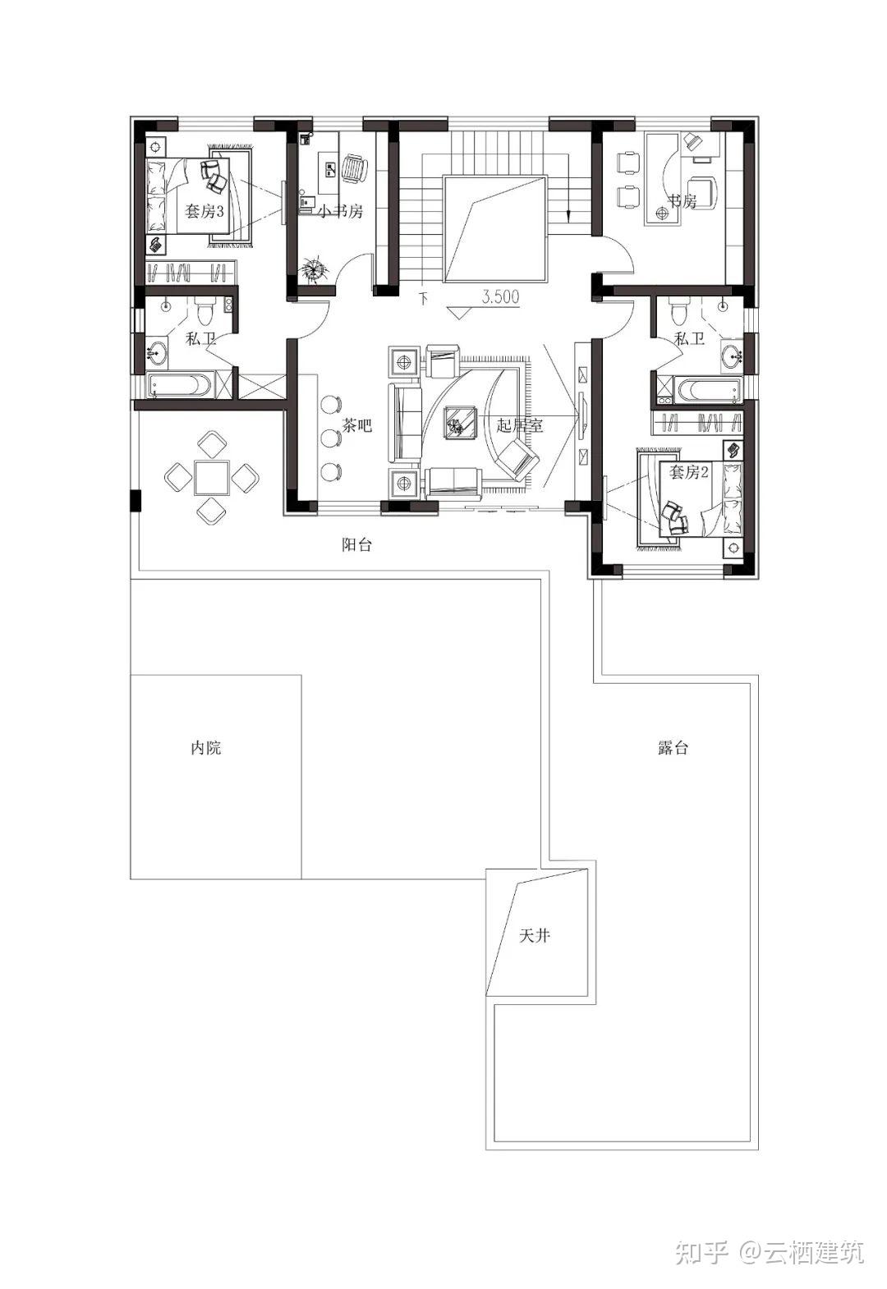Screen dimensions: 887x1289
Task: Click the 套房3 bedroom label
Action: [x=204, y=211]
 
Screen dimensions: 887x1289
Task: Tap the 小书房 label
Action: [x=341, y=211]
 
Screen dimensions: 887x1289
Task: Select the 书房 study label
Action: [x=682, y=201]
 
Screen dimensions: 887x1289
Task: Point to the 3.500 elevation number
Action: [x=500, y=297]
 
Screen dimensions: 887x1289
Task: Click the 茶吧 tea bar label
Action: [x=357, y=425]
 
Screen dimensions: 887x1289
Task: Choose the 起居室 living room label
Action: [x=520, y=425]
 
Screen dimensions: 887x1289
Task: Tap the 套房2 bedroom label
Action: [x=688, y=472]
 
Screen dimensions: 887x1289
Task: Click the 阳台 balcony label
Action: [x=357, y=544]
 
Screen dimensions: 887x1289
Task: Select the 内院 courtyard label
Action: [x=205, y=747]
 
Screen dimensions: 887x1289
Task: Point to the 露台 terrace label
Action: [x=673, y=747]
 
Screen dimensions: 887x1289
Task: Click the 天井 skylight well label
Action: [x=534, y=936]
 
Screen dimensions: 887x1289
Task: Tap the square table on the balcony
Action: [x=211, y=477]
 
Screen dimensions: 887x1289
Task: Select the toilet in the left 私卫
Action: [x=205, y=311]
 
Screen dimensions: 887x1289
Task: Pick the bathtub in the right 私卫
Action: [x=710, y=390]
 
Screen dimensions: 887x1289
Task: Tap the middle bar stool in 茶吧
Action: [x=330, y=438]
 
